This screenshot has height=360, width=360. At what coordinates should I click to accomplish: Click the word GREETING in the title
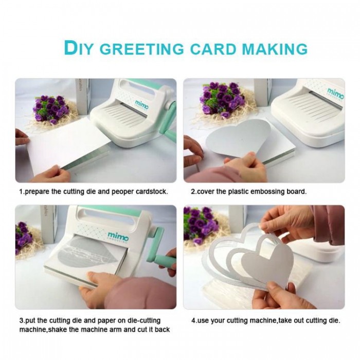point(142,49)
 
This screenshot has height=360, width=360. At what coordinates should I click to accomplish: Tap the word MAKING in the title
point(275,49)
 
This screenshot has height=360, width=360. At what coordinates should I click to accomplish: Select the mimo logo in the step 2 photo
point(336,93)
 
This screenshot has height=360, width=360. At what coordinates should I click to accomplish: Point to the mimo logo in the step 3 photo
point(118,236)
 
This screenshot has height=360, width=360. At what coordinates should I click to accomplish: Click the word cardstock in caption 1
point(151,191)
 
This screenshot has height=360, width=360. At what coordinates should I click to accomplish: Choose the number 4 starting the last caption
point(193,320)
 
